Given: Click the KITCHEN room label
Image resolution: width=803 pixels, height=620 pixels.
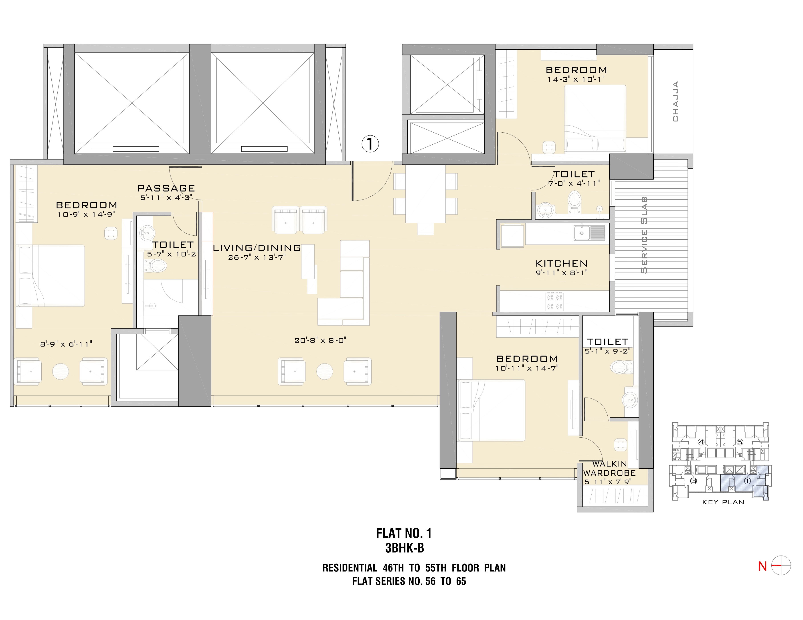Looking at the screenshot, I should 561,264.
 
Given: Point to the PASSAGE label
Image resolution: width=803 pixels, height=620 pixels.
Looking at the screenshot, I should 166,188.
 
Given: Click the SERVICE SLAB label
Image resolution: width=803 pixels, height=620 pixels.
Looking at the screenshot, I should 644,235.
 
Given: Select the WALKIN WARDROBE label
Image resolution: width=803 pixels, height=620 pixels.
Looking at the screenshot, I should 609,469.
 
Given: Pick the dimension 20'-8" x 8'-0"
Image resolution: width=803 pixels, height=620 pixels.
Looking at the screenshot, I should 320,340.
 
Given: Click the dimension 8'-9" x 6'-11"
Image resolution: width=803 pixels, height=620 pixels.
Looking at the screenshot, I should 66,344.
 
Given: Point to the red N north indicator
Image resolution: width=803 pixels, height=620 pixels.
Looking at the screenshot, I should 762,566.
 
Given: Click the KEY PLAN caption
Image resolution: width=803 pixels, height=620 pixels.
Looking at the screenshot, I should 723,502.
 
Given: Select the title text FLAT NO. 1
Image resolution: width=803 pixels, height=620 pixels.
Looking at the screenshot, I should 404,533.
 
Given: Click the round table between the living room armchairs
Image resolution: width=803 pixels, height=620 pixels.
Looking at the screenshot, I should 325,372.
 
